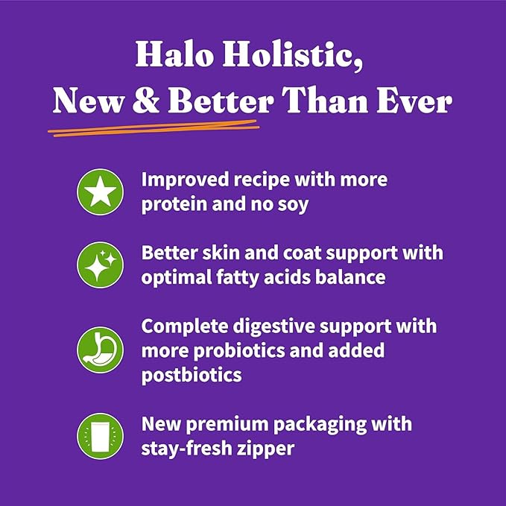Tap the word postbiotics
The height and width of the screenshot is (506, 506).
coord(192,373)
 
